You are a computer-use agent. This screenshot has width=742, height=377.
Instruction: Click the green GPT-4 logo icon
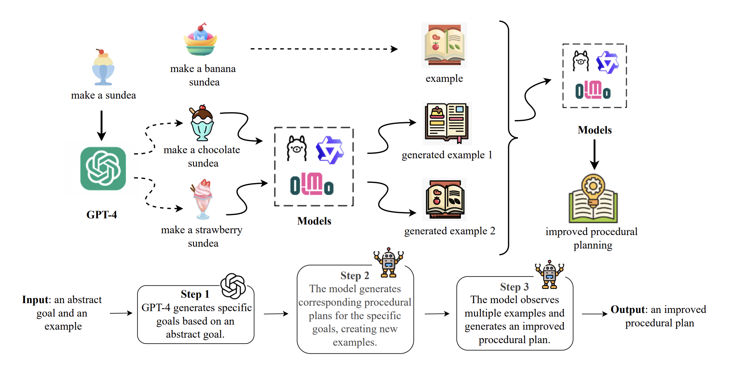pyautogui.click(x=103, y=168)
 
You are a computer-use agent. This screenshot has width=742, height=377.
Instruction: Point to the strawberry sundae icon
pyautogui.click(x=202, y=199)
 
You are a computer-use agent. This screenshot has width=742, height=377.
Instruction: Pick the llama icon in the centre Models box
pyautogui.click(x=296, y=148)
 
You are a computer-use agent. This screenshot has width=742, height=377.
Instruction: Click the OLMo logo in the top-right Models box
pyautogui.click(x=593, y=90)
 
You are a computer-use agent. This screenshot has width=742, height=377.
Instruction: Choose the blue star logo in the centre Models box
pyautogui.click(x=330, y=150)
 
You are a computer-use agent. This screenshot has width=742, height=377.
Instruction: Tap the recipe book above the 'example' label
pyautogui.click(x=444, y=45)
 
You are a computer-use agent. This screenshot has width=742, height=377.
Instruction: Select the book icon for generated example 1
pyautogui.click(x=447, y=123)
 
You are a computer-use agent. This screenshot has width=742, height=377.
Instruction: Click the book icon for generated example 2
pyautogui.click(x=445, y=199)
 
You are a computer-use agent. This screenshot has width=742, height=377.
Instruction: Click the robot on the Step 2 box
pyautogui.click(x=388, y=262)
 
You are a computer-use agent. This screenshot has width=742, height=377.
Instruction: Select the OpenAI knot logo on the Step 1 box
pyautogui.click(x=233, y=286)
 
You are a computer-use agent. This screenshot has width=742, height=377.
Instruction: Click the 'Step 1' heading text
pyautogui.click(x=195, y=294)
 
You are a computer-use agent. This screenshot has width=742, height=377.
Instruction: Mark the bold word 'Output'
pyautogui.click(x=627, y=310)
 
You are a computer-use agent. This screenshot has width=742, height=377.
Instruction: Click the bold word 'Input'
pyautogui.click(x=35, y=300)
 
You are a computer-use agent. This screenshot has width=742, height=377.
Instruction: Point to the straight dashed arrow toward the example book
pyautogui.click(x=324, y=49)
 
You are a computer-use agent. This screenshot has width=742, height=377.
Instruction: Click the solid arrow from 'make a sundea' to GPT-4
pyautogui.click(x=101, y=125)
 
